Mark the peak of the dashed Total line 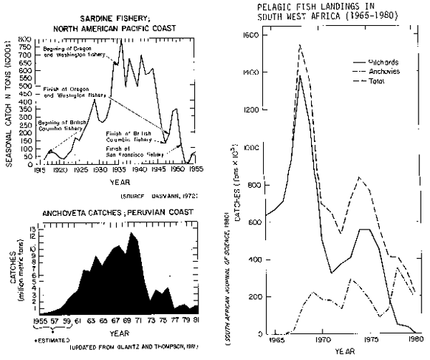point(300,45)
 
